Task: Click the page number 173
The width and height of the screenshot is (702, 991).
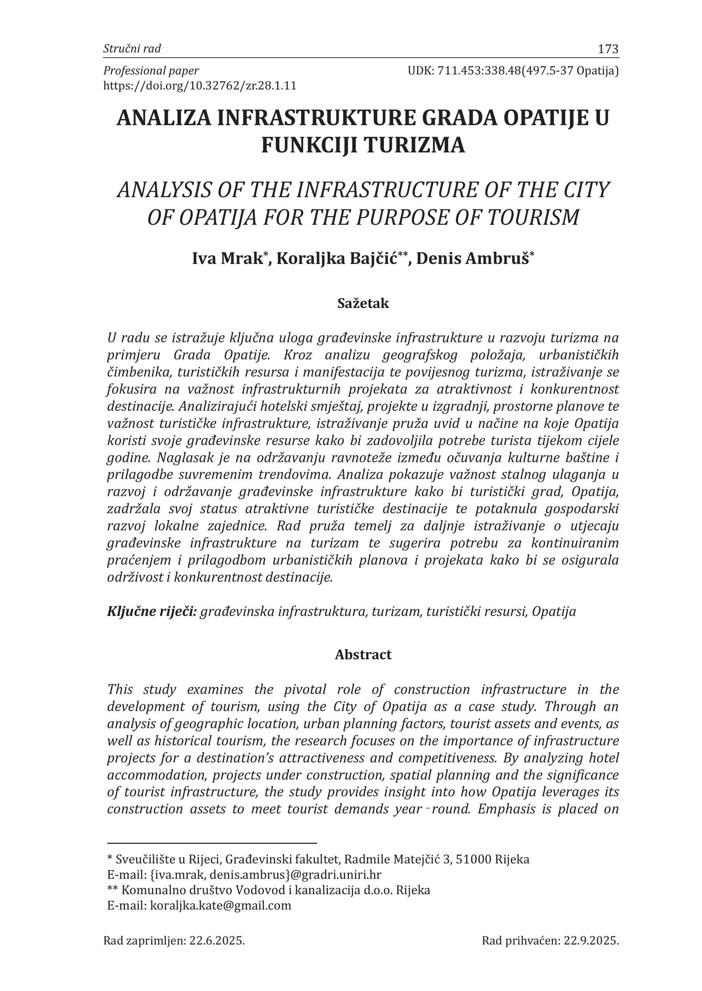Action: click(x=608, y=49)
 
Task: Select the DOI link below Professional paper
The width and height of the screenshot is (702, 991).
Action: click(x=200, y=86)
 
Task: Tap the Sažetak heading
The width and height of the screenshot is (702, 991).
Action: click(x=363, y=303)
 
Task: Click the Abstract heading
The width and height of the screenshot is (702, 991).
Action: click(x=363, y=654)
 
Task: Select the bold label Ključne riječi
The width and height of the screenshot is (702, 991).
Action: click(x=152, y=611)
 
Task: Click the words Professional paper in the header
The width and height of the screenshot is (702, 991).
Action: click(x=151, y=71)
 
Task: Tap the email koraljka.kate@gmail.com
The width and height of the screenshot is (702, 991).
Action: click(x=221, y=905)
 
